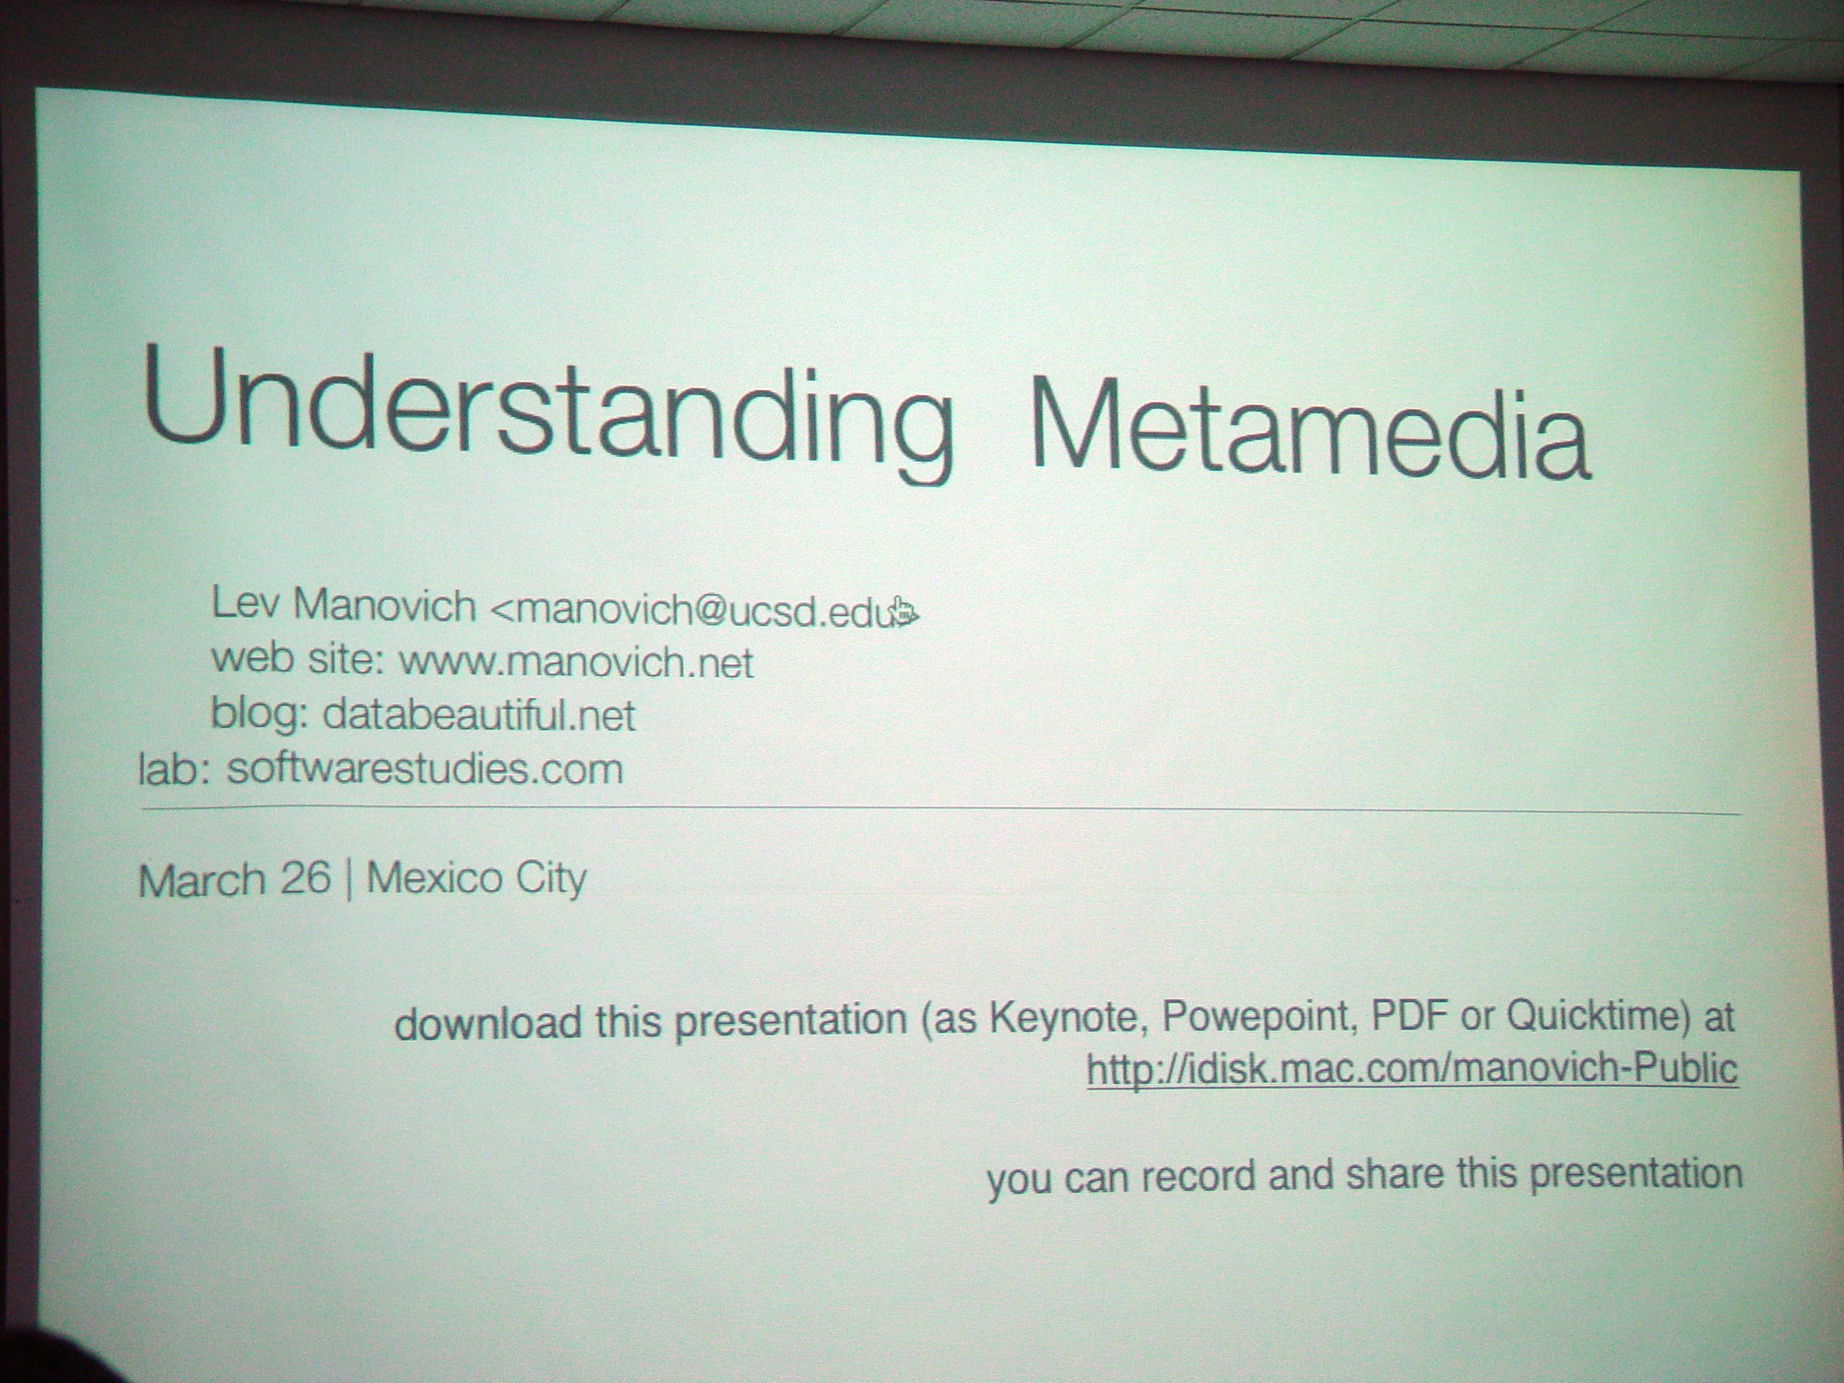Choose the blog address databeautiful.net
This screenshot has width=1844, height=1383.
pos(479,716)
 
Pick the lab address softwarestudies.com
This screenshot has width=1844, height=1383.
pos(425,770)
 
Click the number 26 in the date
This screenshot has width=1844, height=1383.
pos(305,878)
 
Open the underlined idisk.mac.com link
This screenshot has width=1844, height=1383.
pos(1412,1069)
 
